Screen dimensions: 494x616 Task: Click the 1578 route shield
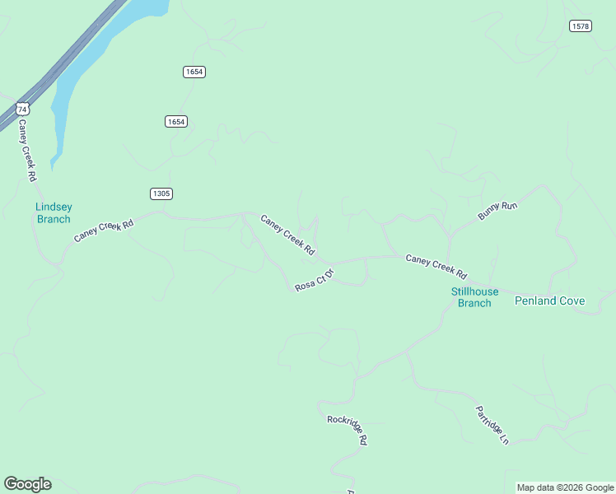[580, 26]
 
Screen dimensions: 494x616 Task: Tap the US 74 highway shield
[22, 109]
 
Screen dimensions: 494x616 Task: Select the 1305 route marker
[161, 193]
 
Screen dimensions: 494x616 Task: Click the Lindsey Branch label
[54, 213]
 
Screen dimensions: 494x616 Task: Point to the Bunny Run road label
[497, 211]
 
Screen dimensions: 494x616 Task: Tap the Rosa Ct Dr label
[315, 280]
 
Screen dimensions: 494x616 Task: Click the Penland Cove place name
[549, 301]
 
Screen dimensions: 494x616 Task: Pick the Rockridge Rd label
[347, 430]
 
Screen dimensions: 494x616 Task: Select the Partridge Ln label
[492, 425]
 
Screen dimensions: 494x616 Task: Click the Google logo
[27, 484]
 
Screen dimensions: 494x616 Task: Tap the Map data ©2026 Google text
[565, 487]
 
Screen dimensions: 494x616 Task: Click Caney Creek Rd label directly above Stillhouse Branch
[436, 266]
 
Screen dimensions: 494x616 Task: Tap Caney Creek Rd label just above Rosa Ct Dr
[287, 234]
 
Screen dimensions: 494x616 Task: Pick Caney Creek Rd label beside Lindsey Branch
[104, 230]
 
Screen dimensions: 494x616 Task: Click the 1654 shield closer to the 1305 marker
[175, 121]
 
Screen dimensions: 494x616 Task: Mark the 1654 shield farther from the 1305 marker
[194, 72]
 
